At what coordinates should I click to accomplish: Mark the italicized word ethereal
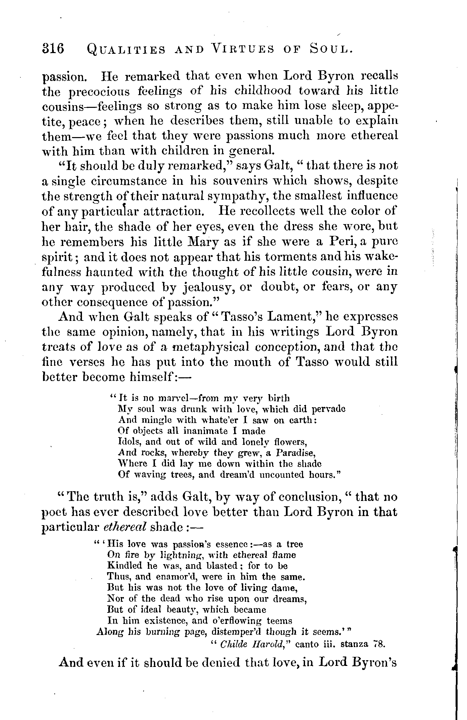pos(125,527)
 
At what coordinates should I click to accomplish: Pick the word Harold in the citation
pos(267,645)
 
